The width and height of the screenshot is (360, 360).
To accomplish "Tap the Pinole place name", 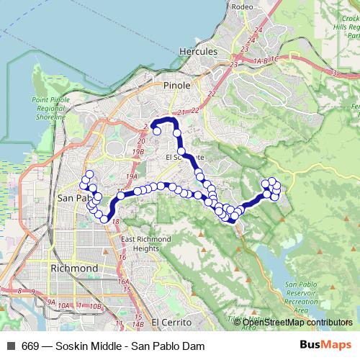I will (x=177, y=85).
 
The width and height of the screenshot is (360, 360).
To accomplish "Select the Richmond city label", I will (x=74, y=269).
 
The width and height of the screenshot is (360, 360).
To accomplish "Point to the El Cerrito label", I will (x=170, y=322).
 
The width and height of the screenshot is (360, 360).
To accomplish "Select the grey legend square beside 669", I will (x=10, y=345).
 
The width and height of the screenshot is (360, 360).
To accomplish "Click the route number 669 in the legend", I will (x=30, y=345).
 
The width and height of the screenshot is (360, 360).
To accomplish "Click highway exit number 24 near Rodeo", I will (x=252, y=39).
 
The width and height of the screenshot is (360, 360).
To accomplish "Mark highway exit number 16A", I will (x=122, y=282).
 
